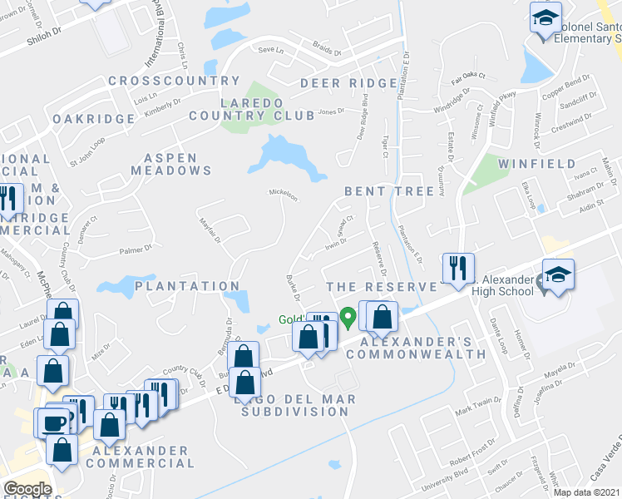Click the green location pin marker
pyautogui.click(x=349, y=317)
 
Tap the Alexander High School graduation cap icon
pyautogui.click(x=559, y=276)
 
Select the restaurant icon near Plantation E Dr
pyautogui.click(x=458, y=268)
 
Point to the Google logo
pyautogui.click(x=27, y=489)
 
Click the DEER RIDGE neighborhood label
pyautogui.click(x=348, y=83)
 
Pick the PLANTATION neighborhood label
pyautogui.click(x=187, y=286)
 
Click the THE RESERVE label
pyautogui.click(x=382, y=287)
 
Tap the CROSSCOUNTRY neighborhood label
pyautogui.click(x=174, y=81)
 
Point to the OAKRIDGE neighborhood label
pyautogui.click(x=93, y=119)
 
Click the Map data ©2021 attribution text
pyautogui.click(x=587, y=492)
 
